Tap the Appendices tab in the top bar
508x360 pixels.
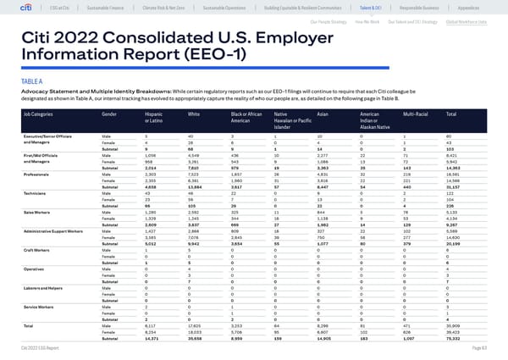click(472, 8)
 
